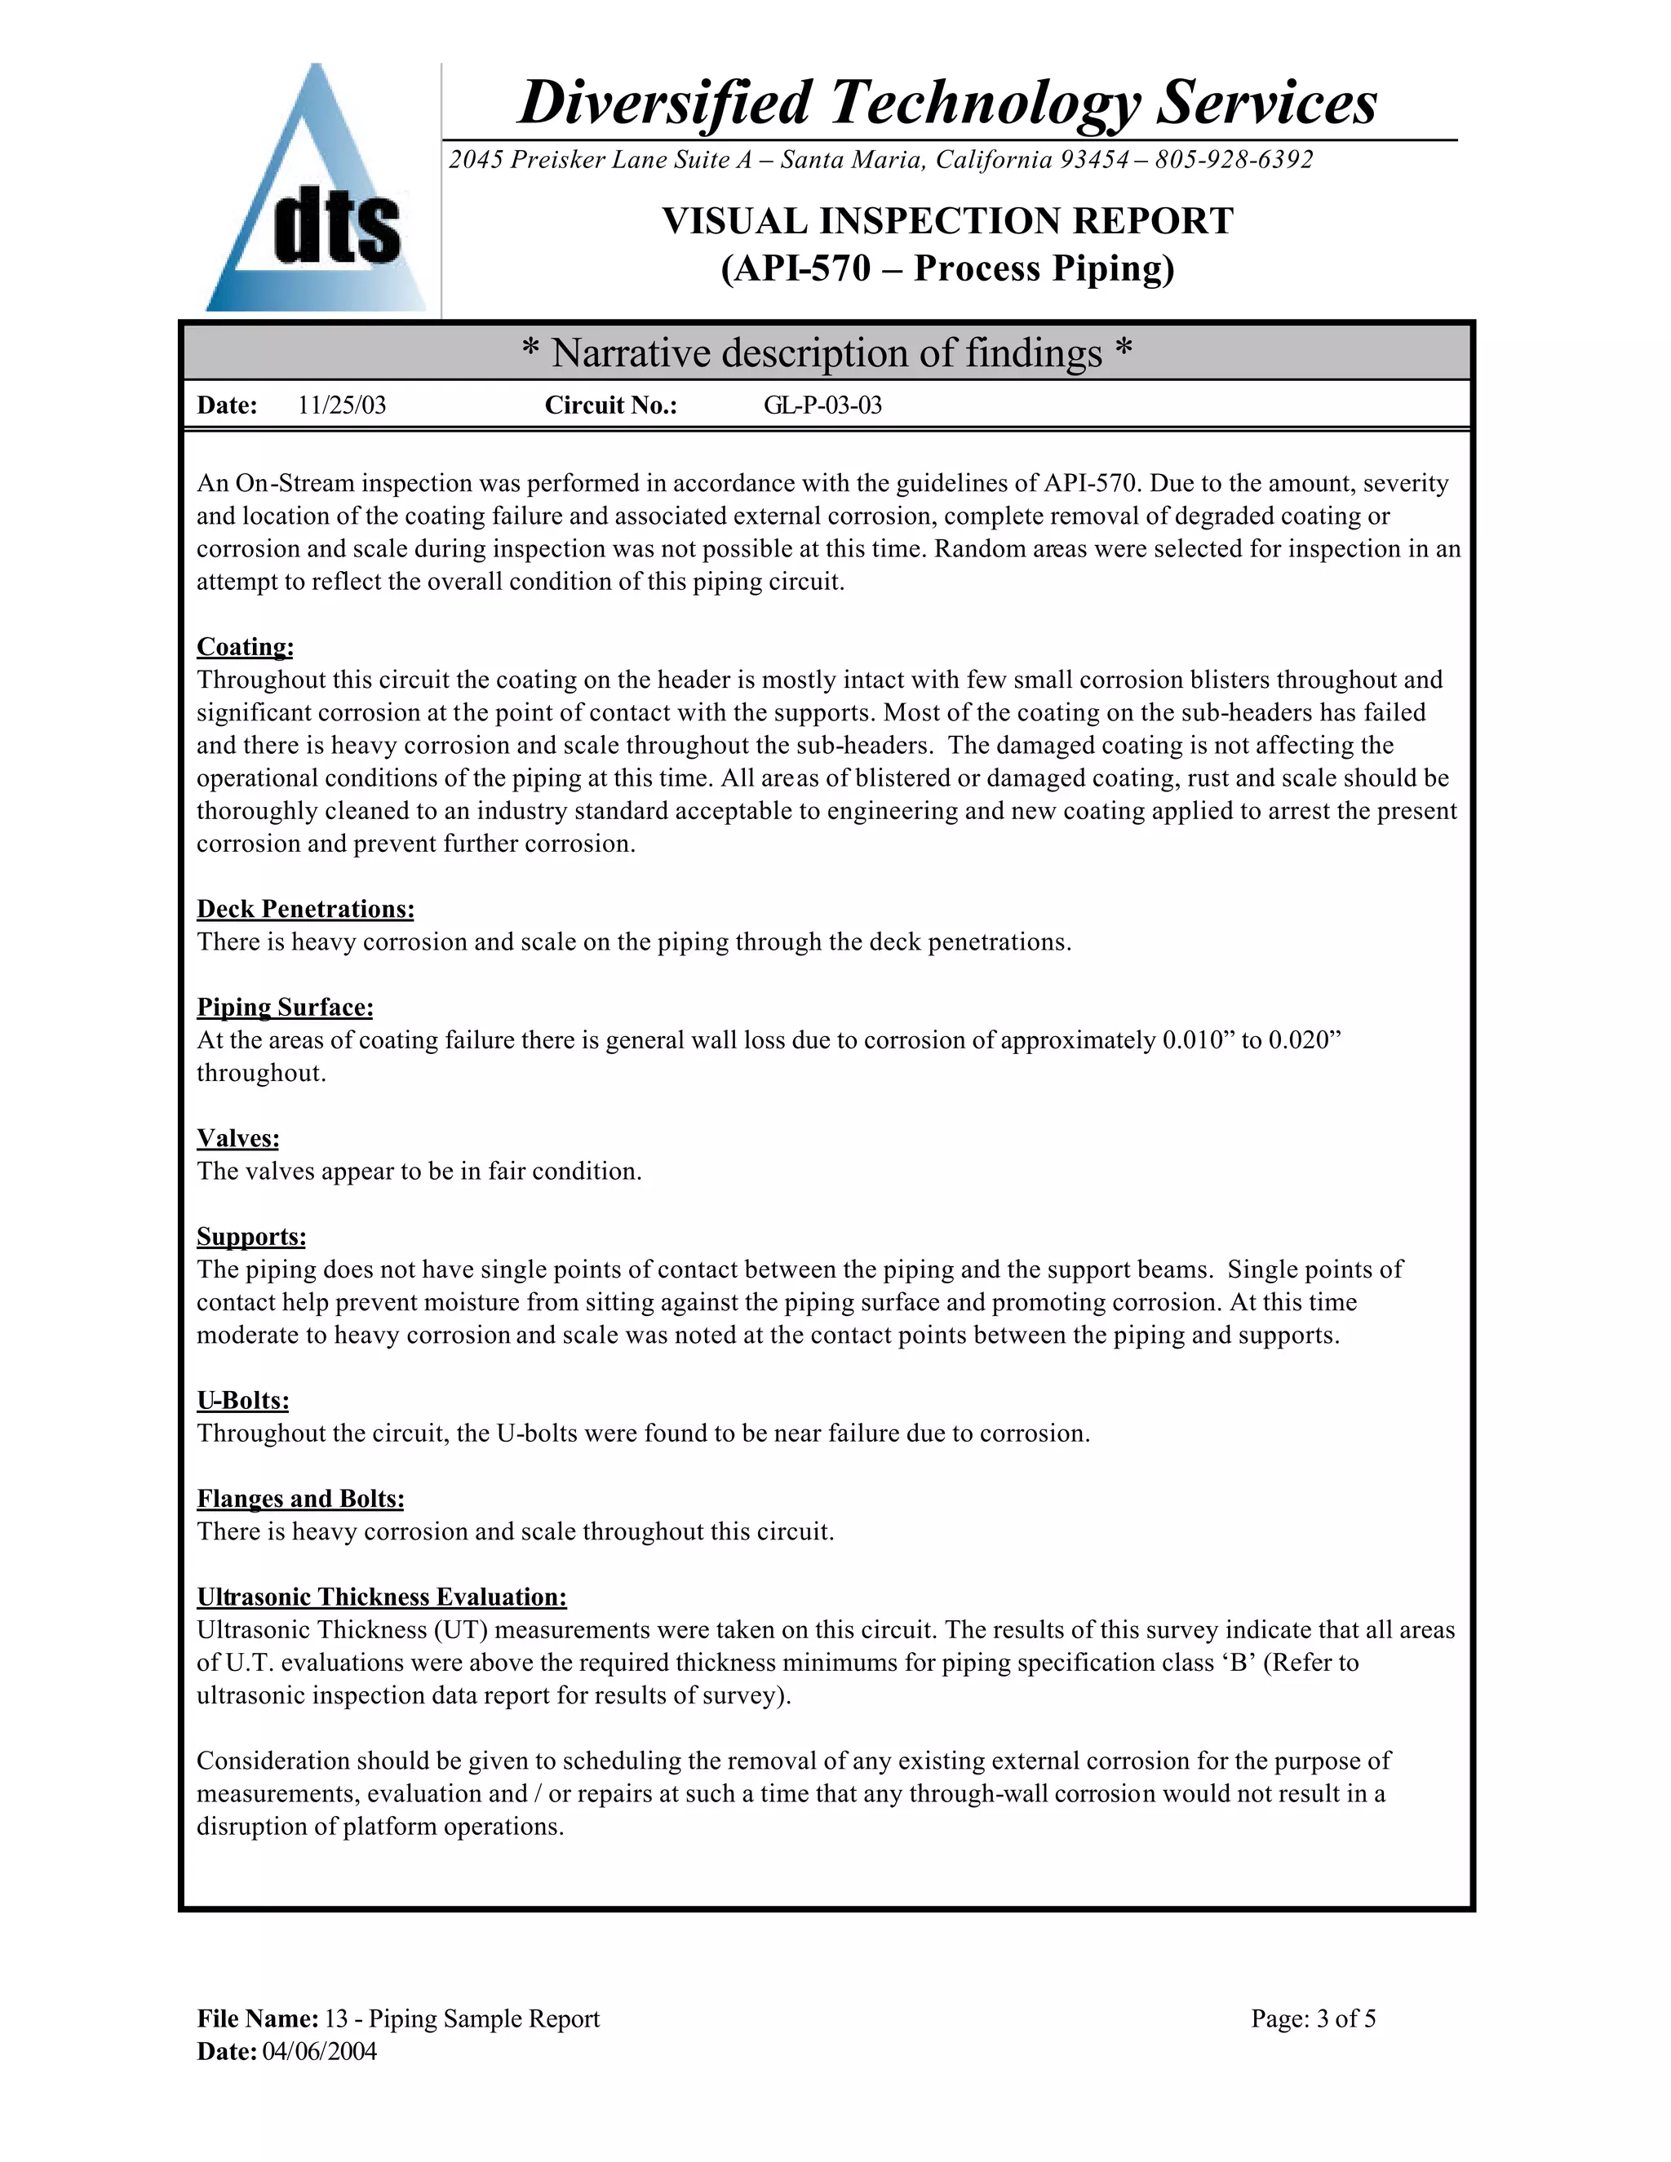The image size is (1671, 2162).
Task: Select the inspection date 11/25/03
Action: click(x=342, y=405)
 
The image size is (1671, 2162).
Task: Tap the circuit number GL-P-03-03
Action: click(x=822, y=405)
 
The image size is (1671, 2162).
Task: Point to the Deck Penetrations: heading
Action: click(x=305, y=909)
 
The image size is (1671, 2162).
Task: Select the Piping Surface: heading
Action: click(x=285, y=1007)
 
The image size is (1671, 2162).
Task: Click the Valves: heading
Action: click(x=237, y=1137)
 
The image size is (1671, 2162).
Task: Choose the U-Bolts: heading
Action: click(x=242, y=1400)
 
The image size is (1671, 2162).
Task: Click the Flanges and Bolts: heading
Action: click(x=300, y=1498)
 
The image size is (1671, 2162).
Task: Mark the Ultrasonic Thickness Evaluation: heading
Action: click(x=381, y=1597)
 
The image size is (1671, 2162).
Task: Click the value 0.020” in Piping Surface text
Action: click(x=1304, y=1040)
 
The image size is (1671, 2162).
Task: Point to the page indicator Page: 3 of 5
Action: click(x=1313, y=2018)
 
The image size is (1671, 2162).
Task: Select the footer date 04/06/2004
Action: click(x=319, y=2051)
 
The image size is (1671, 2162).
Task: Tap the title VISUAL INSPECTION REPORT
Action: click(x=947, y=221)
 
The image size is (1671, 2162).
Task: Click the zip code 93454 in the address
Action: click(x=1094, y=159)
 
